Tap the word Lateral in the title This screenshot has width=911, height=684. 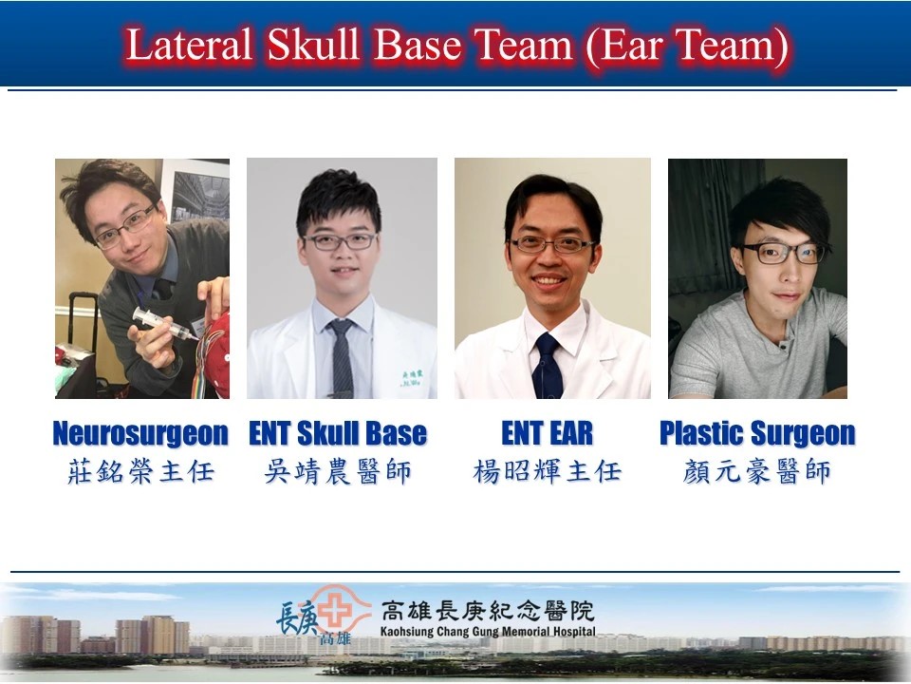pyautogui.click(x=189, y=45)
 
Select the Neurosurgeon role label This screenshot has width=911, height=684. pyautogui.click(x=140, y=433)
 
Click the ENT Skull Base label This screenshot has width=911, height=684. pyautogui.click(x=338, y=433)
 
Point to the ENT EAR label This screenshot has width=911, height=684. pyautogui.click(x=548, y=433)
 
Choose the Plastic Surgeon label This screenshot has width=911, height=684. pyautogui.click(x=757, y=433)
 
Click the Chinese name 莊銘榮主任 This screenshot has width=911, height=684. pyautogui.click(x=141, y=471)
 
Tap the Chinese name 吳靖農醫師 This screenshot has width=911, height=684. pyautogui.click(x=338, y=471)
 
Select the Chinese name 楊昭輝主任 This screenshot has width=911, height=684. pyautogui.click(x=548, y=471)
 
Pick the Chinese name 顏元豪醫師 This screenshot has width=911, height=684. pyautogui.click(x=757, y=471)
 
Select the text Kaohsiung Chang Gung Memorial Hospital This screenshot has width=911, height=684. pyautogui.click(x=488, y=632)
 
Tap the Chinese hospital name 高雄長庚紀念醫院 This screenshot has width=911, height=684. pyautogui.click(x=488, y=611)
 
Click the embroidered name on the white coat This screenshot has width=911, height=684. pyautogui.click(x=412, y=379)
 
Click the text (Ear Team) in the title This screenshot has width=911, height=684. pyautogui.click(x=687, y=46)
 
